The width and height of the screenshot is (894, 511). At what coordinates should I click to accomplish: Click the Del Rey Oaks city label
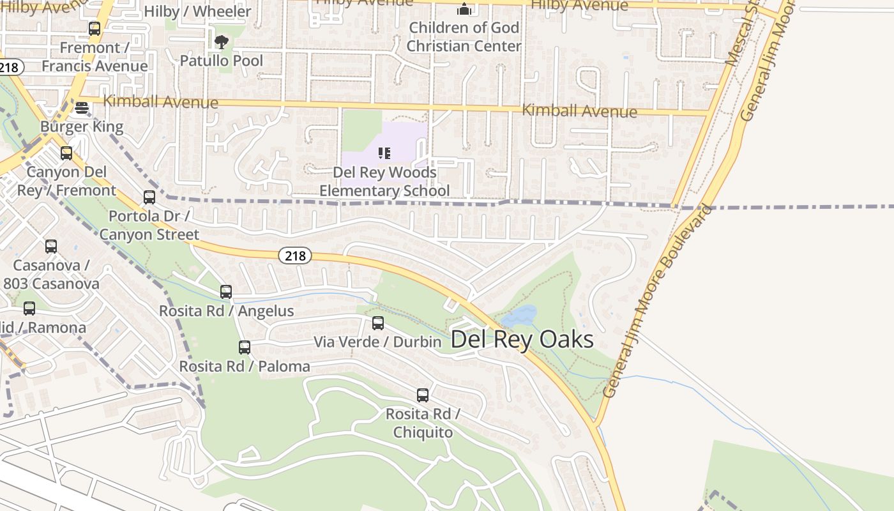522,339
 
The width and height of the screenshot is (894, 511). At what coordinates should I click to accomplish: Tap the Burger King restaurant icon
82,108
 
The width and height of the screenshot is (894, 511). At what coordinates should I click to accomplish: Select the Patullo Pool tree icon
221,43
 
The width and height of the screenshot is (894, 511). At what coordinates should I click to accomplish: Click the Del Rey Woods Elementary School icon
384,153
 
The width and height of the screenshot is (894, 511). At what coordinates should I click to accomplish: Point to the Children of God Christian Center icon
464,10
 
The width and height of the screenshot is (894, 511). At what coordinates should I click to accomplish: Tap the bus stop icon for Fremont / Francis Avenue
95,29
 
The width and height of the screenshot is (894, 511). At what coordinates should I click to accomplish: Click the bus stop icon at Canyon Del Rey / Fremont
66,153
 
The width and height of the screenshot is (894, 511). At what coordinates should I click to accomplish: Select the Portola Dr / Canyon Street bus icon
149,197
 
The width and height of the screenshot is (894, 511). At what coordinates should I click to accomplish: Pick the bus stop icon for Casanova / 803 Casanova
51,247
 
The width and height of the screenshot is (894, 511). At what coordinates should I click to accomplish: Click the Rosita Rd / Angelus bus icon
226,292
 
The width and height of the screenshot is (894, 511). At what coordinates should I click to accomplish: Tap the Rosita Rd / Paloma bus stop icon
245,347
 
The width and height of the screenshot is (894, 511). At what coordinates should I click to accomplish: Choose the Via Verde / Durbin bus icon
378,323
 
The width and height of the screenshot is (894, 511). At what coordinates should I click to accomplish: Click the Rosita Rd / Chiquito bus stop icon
423,395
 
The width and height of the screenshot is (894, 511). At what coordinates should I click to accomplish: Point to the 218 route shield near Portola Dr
295,256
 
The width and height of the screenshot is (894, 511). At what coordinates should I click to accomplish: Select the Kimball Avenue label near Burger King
160,102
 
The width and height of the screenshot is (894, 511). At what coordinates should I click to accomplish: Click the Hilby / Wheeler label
197,11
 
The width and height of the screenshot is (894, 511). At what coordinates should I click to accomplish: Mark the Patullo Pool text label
222,61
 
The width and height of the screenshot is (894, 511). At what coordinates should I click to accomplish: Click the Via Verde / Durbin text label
377,342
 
